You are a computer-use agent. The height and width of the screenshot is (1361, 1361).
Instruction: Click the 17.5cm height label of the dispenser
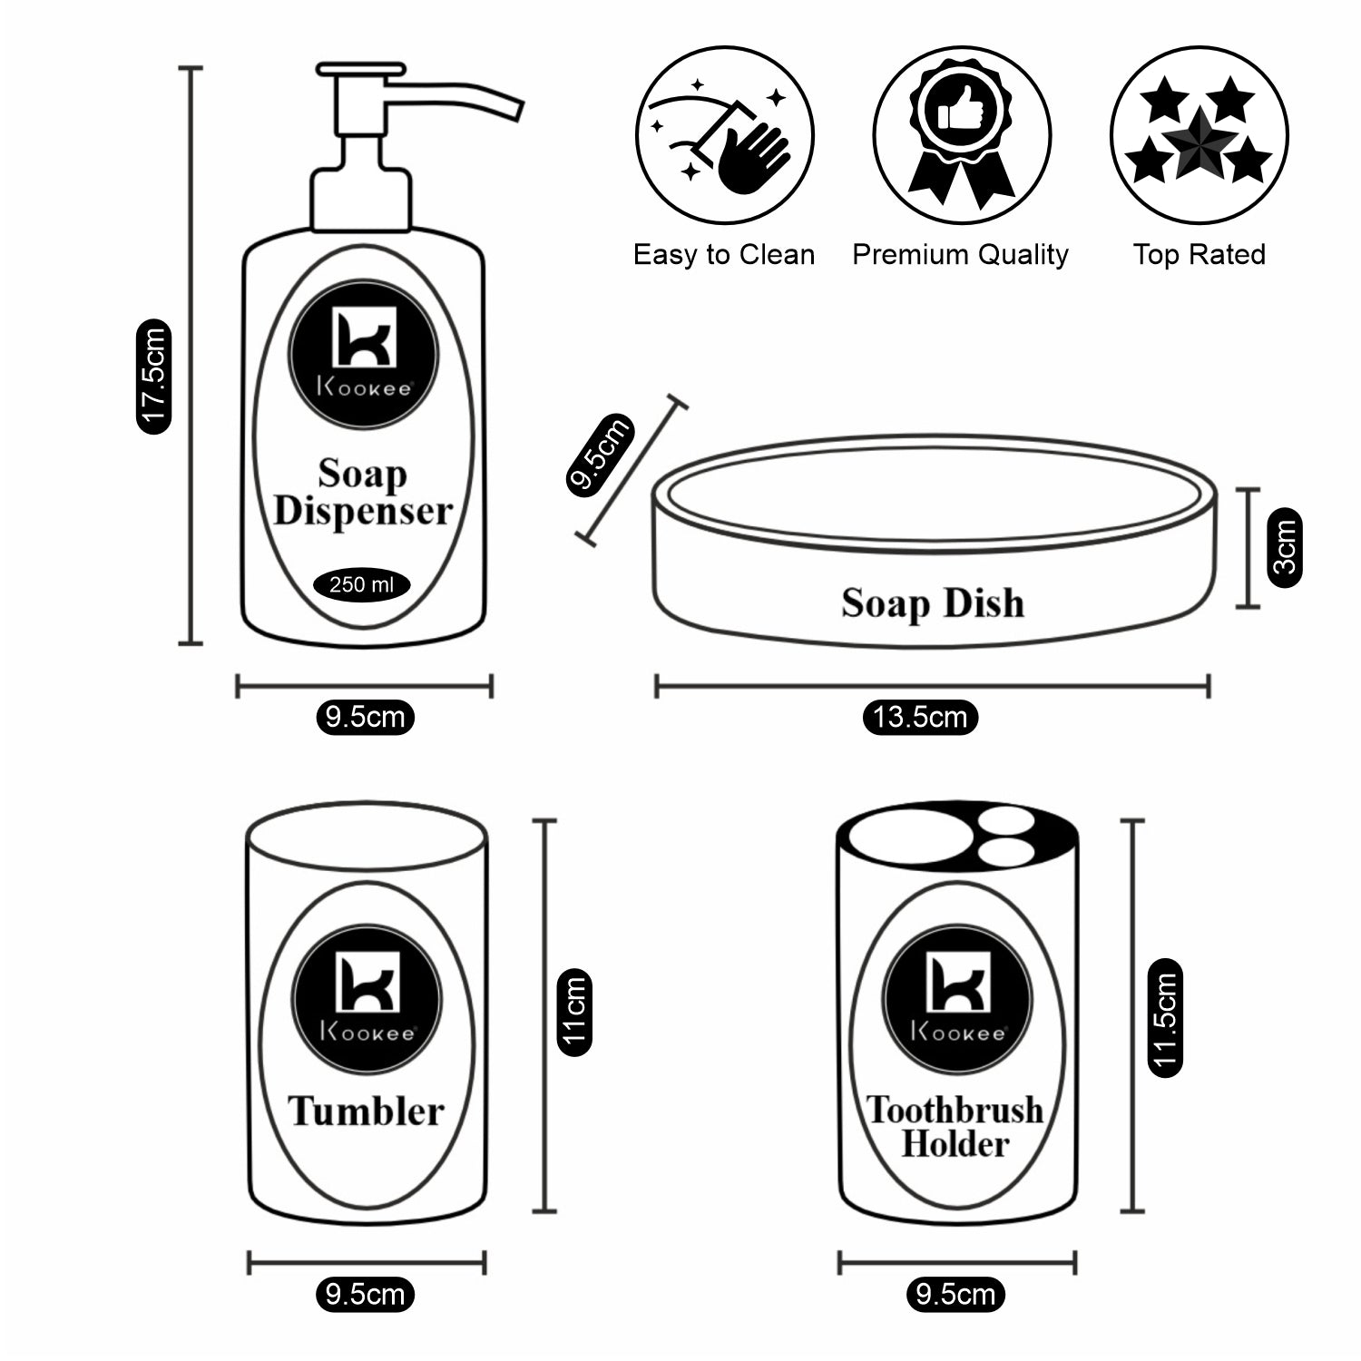(152, 376)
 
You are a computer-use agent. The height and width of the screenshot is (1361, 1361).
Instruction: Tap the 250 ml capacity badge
(361, 584)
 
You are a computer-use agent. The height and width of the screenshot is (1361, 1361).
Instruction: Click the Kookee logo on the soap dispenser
(363, 352)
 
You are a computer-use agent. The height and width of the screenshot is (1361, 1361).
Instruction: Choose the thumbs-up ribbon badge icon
(962, 136)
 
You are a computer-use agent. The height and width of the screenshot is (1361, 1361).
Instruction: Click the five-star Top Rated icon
(1199, 136)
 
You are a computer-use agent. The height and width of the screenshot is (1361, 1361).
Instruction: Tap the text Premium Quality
(960, 255)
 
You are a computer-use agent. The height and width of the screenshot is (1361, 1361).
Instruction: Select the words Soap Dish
(933, 603)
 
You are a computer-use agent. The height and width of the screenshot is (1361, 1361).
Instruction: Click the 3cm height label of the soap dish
(1285, 547)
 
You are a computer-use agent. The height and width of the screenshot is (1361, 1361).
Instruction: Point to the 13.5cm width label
(919, 717)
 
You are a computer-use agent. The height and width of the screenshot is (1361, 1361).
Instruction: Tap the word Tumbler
(366, 1111)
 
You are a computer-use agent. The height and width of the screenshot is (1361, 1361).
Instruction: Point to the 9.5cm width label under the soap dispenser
(365, 717)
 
